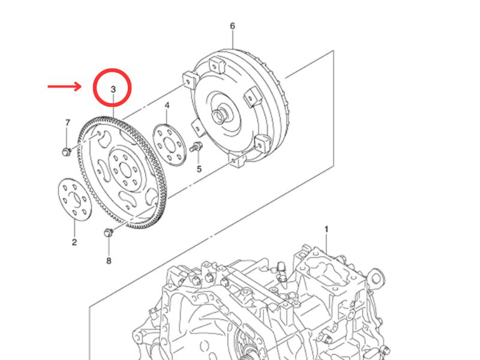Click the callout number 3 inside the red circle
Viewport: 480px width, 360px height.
click(x=112, y=90)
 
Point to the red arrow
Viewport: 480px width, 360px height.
click(x=64, y=86)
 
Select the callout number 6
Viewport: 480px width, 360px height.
click(x=232, y=26)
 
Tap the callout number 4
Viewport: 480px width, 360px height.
click(x=167, y=106)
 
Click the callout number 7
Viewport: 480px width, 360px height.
click(x=67, y=123)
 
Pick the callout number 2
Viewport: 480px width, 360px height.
click(x=74, y=242)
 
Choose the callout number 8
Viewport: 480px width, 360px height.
click(x=109, y=260)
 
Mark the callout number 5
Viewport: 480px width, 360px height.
click(x=199, y=169)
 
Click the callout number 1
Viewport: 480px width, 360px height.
click(x=326, y=229)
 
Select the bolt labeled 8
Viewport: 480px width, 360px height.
click(x=109, y=232)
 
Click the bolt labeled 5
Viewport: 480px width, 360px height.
click(x=196, y=146)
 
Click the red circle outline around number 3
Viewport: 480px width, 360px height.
click(x=112, y=70)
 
